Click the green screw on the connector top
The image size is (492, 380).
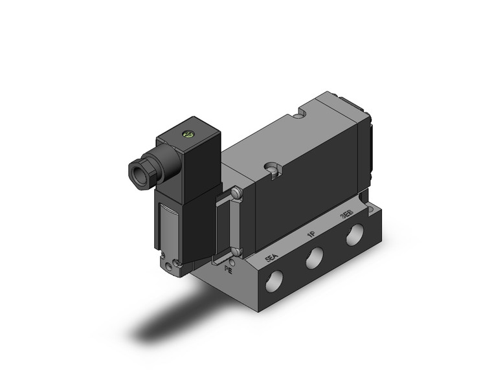tap(190, 136)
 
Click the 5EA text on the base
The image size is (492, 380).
tap(273, 260)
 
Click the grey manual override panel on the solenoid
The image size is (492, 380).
tap(164, 223)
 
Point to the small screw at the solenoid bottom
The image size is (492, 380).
tap(171, 265)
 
